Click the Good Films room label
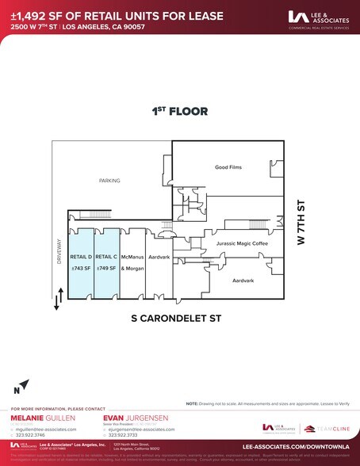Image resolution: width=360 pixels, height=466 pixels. tap(228, 167)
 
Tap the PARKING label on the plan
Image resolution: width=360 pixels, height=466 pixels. tap(109, 181)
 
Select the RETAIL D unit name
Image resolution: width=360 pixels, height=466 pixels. tap(82, 257)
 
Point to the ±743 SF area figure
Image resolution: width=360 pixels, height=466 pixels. tap(82, 268)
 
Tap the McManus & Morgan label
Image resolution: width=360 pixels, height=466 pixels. tap(132, 262)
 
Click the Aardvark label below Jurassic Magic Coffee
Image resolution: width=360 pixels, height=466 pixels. tap(243, 281)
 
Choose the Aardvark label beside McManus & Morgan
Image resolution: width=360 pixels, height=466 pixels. tap(159, 258)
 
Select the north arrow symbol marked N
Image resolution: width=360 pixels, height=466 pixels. tap(23, 386)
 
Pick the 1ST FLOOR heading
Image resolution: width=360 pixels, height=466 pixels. tap(180, 112)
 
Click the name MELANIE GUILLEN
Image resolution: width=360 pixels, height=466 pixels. tap(39, 417)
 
